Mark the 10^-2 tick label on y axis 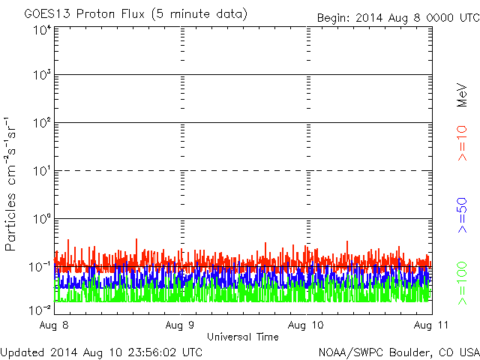pyautogui.click(x=40, y=309)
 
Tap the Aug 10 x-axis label pyautogui.click(x=306, y=325)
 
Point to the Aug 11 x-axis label pyautogui.click(x=426, y=325)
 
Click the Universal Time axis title pyautogui.click(x=242, y=337)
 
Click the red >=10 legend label pyautogui.click(x=463, y=142)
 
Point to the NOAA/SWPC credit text pyautogui.click(x=398, y=351)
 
